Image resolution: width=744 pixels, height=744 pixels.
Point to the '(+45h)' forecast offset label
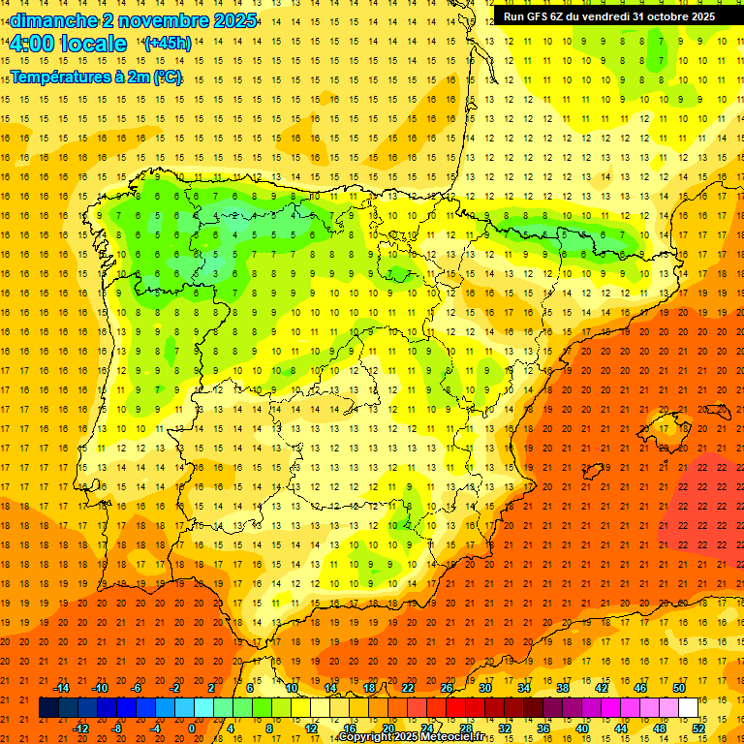[x=167, y=44]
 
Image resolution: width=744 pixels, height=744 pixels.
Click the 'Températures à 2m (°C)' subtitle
[x=96, y=77]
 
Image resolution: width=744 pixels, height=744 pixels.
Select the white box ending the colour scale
[x=688, y=708]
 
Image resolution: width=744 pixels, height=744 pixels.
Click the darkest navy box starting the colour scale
[x=48, y=708]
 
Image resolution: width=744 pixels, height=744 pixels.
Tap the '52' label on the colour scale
[x=698, y=728]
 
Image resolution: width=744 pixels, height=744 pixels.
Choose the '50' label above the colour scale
[x=678, y=688]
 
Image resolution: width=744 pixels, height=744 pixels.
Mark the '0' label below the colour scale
[x=193, y=728]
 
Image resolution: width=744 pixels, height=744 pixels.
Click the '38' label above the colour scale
[x=562, y=688]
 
